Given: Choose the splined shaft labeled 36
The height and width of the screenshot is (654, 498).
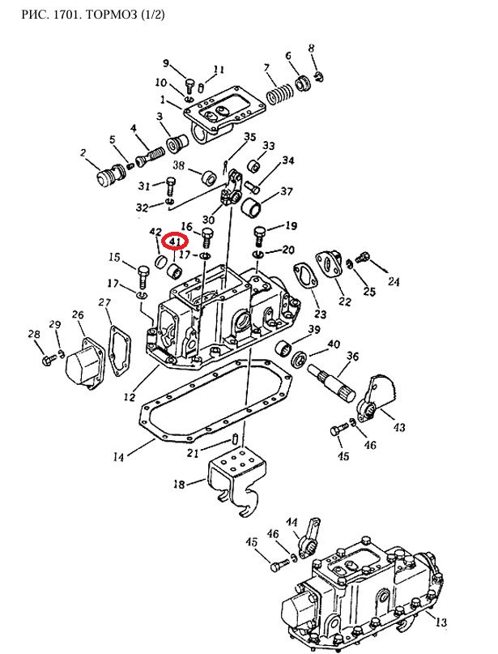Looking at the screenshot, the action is pyautogui.click(x=332, y=380).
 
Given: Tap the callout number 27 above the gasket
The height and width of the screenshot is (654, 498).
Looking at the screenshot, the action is pyautogui.click(x=104, y=302).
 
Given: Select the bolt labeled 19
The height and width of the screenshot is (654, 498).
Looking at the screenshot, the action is pyautogui.click(x=259, y=237).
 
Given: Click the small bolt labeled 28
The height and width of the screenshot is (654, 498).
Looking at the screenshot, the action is pyautogui.click(x=49, y=359).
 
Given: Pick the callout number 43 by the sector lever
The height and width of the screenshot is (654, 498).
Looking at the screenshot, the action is pyautogui.click(x=399, y=427).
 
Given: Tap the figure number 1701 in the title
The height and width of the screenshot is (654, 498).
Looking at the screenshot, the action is pyautogui.click(x=69, y=15).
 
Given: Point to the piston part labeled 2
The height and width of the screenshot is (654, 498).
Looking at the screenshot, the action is pyautogui.click(x=109, y=174).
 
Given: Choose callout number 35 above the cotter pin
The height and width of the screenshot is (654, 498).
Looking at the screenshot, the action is pyautogui.click(x=250, y=137).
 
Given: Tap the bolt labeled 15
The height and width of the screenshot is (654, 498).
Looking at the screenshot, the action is pyautogui.click(x=142, y=276).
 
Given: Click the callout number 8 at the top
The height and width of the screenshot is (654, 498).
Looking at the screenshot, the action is pyautogui.click(x=311, y=48).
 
